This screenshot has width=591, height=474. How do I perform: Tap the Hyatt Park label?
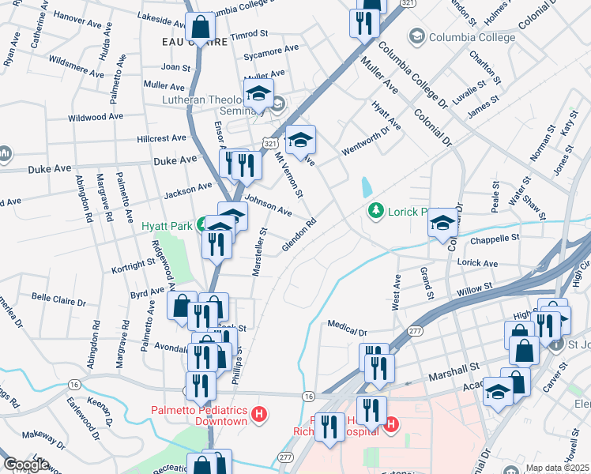[167, 226]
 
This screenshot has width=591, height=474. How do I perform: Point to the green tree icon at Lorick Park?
[376, 210]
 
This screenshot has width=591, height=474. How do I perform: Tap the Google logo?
[26, 465]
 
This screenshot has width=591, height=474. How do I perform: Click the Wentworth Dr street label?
[366, 140]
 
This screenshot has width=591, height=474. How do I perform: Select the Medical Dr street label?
[348, 324]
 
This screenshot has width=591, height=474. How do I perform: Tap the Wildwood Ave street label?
[96, 117]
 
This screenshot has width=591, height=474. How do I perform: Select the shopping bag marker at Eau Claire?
[201, 28]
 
